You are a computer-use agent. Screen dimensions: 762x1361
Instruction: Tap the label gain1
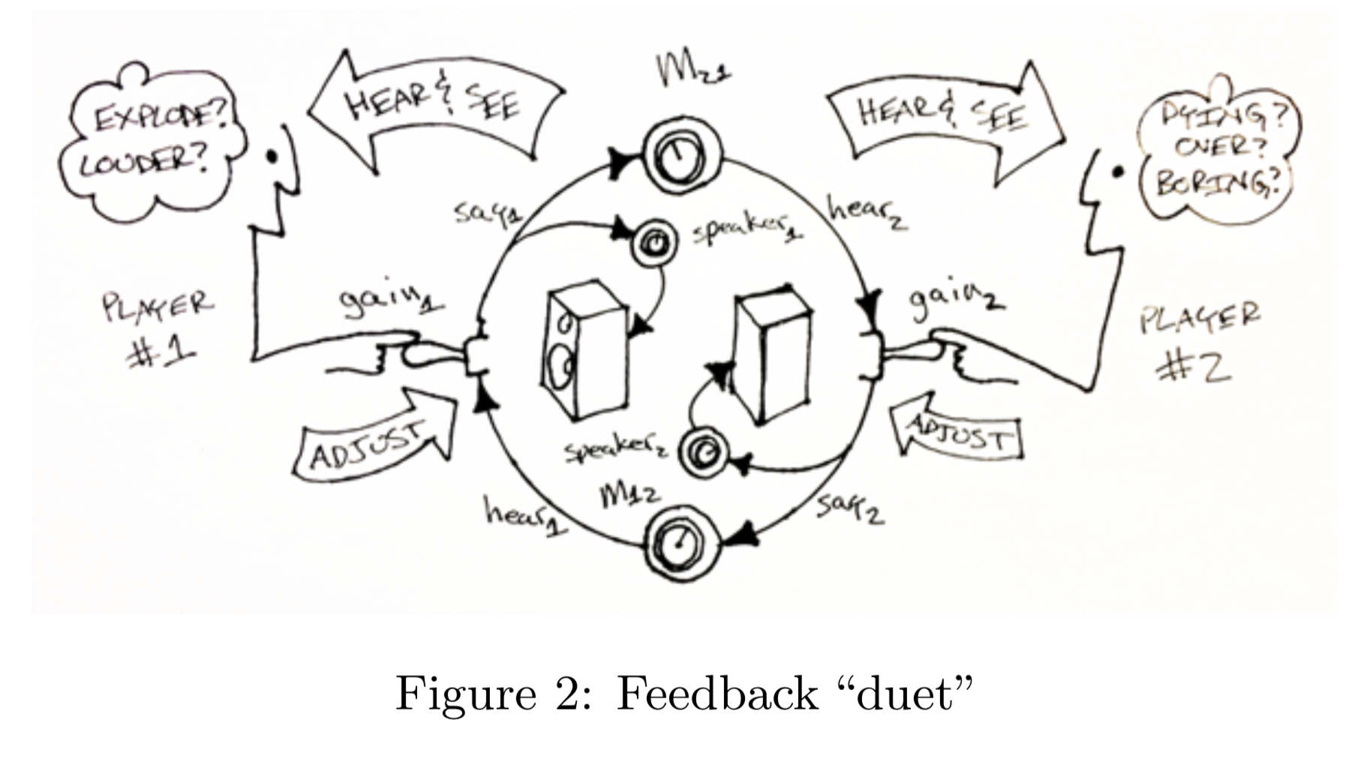click(x=390, y=300)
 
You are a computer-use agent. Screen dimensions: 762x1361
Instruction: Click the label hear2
click(x=867, y=212)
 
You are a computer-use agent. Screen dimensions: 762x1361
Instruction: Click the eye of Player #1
click(x=272, y=157)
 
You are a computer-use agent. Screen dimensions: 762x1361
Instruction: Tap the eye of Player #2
click(x=1118, y=172)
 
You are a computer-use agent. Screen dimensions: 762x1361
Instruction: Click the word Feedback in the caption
click(x=717, y=694)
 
